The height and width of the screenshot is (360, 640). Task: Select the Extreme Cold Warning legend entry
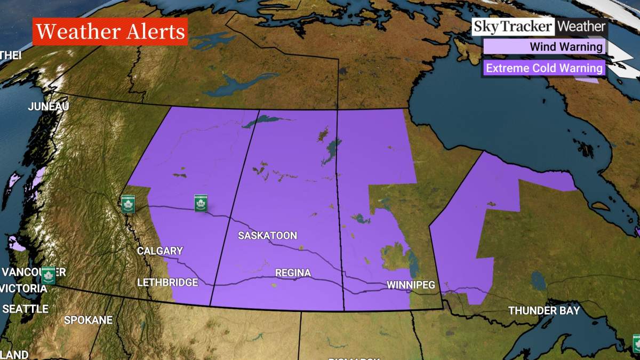[544, 68]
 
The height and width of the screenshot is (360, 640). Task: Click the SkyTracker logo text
[514, 27]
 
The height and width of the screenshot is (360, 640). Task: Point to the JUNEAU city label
[49, 107]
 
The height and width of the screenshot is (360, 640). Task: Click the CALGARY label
[160, 251]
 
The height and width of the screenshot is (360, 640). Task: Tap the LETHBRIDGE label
[167, 282]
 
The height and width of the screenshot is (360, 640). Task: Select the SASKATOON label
[267, 235]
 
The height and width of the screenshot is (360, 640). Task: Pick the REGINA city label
[293, 273]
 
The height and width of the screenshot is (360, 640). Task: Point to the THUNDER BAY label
[543, 310]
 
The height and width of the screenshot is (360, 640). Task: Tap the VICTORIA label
[25, 289]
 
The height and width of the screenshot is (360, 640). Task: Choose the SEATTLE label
[26, 309]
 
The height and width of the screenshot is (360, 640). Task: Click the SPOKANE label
[88, 320]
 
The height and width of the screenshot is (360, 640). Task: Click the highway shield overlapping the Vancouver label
[49, 275]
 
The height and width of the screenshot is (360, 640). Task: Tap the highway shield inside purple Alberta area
[201, 203]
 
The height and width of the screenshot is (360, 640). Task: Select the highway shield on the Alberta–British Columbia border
[127, 203]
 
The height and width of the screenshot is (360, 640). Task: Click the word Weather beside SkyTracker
[581, 27]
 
